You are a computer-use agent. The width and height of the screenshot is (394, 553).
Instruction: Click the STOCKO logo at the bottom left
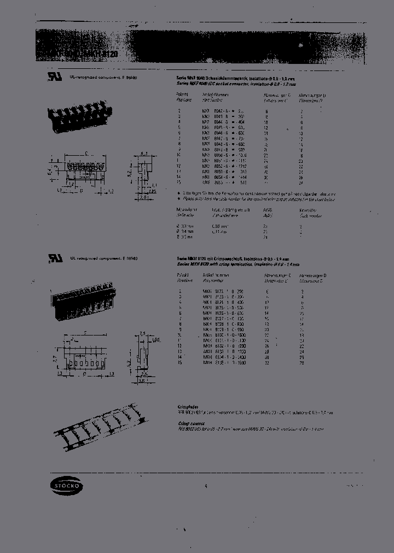[59, 485]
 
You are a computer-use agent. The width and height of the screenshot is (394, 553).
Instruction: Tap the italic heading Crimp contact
[188, 423]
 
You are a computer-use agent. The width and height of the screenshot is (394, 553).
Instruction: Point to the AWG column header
[266, 209]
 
